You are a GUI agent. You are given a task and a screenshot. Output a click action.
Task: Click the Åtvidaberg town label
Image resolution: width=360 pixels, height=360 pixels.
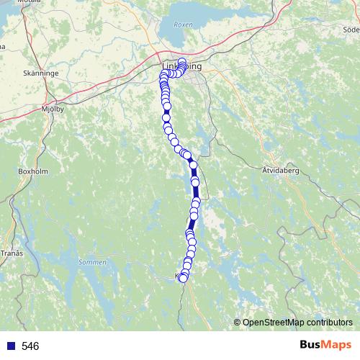pos(275,171)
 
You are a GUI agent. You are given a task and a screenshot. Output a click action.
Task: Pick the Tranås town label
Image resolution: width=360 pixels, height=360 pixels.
pos(12,253)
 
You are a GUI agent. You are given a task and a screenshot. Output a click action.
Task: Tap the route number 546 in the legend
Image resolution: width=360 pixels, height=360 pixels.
pos(30,346)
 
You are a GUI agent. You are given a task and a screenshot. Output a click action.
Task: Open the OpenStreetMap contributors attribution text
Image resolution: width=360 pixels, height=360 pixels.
pos(297,323)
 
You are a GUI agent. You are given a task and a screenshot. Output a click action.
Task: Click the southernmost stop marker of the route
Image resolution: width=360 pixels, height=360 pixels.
pos(183,279)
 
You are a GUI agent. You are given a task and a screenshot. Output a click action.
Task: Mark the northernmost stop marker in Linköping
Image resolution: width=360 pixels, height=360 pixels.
pos(182,62)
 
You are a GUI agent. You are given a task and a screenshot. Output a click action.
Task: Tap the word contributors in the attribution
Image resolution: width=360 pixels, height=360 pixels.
pos(329,323)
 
